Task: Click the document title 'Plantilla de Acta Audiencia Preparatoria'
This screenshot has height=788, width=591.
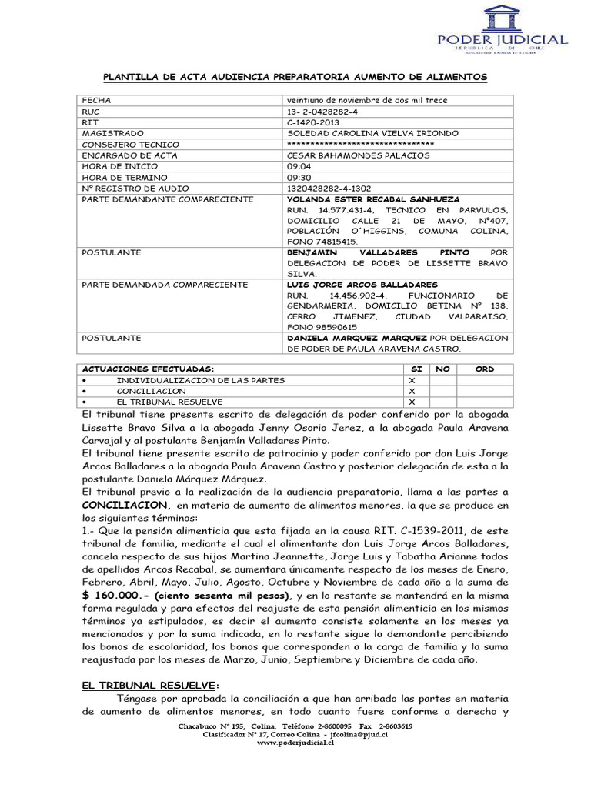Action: (x=295, y=78)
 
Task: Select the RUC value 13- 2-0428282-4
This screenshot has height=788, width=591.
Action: (x=322, y=112)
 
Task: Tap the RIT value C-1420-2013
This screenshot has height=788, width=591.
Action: (x=312, y=122)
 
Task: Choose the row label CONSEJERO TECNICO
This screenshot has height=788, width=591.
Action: (x=130, y=145)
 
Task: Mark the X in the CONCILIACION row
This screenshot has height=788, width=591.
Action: (x=412, y=391)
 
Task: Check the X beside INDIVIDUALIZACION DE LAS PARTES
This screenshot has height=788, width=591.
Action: (x=412, y=380)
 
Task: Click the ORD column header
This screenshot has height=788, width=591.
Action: (x=485, y=369)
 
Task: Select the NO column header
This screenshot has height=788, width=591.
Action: (x=442, y=369)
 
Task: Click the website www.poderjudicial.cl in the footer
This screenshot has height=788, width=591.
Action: (x=295, y=743)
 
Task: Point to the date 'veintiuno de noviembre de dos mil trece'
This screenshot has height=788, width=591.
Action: (x=366, y=101)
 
